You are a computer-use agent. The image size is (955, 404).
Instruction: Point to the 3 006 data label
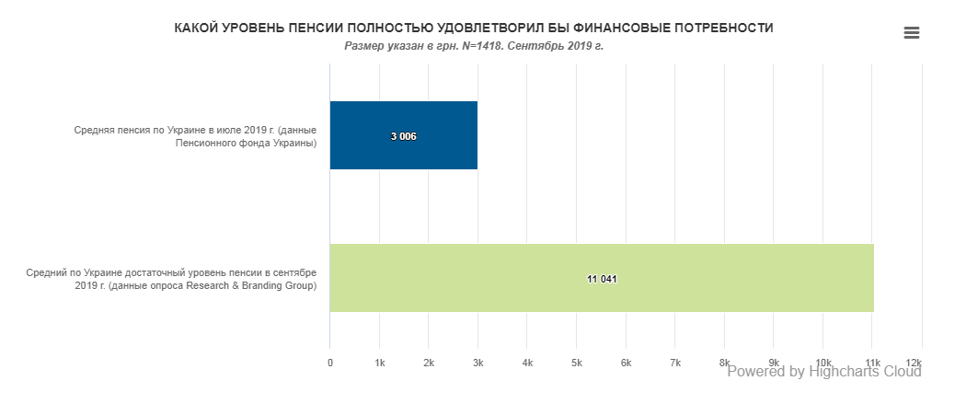(404, 136)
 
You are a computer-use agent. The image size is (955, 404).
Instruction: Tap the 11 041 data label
(602, 279)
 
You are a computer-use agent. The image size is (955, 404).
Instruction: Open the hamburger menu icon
(912, 33)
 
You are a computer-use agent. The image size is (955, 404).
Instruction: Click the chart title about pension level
(474, 29)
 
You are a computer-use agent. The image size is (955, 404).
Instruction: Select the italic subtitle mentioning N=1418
(474, 46)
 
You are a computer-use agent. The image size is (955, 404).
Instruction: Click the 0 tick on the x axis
(330, 364)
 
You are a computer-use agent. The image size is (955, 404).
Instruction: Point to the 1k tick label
(380, 364)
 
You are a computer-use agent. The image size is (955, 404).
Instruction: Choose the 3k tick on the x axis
(478, 364)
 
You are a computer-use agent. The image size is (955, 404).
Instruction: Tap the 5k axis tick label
(577, 364)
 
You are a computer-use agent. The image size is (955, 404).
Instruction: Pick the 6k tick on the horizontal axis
(627, 364)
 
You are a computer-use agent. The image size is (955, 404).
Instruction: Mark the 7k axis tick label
(675, 364)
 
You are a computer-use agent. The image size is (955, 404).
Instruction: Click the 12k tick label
(914, 364)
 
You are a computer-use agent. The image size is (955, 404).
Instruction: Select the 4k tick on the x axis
(527, 364)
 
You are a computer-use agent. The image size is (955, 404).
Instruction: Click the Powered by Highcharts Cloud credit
(824, 372)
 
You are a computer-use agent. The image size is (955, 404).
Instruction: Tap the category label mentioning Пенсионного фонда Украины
(195, 136)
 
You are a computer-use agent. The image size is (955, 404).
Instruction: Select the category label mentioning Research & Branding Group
(171, 279)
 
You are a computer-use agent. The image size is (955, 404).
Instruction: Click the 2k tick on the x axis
(429, 364)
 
